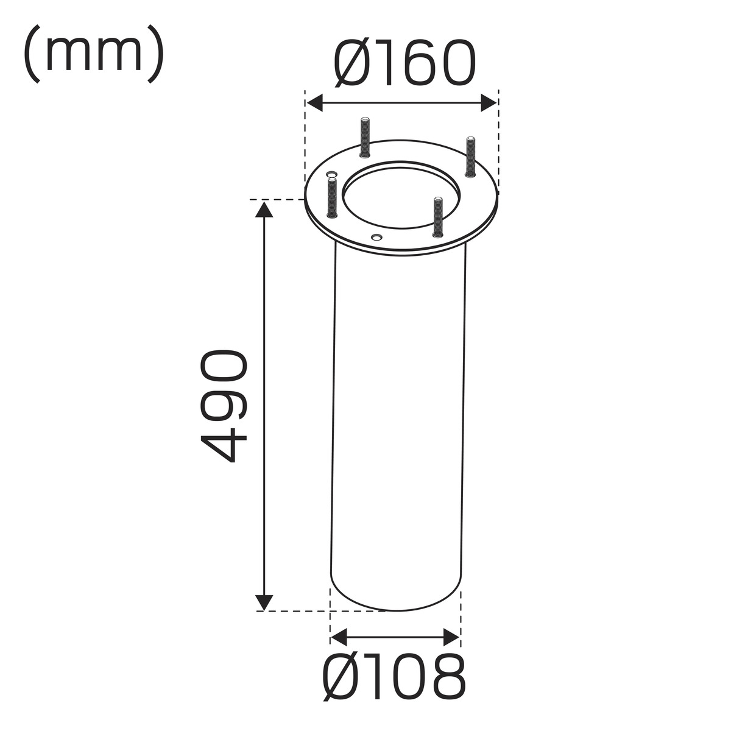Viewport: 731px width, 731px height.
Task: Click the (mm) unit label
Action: pos(94,54)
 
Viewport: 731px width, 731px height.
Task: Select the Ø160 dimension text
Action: pos(404,63)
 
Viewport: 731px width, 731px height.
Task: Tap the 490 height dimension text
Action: pos(224,406)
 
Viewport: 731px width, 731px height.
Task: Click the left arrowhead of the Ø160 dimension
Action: pos(315,103)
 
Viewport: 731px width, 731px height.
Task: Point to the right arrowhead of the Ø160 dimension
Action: pos(489,103)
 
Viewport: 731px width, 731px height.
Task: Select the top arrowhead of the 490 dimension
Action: pos(264,210)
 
